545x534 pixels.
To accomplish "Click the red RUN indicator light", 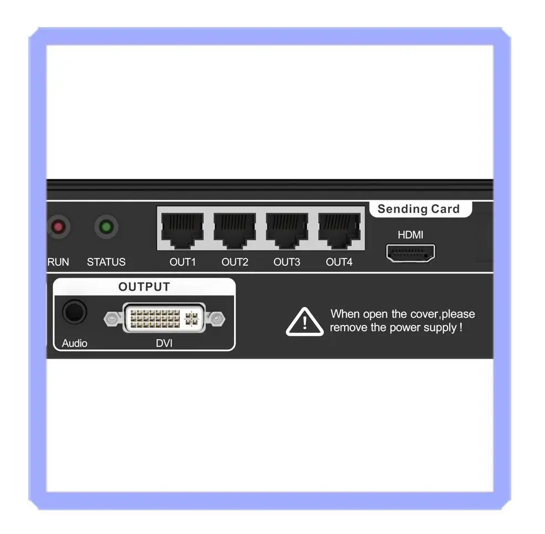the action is tap(58, 227).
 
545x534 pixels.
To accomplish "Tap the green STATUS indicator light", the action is tap(106, 227).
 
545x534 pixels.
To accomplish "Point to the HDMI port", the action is tap(411, 253).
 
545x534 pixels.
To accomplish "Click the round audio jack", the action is tap(74, 312).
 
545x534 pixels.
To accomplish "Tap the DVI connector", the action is tap(164, 318).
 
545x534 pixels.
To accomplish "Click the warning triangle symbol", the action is tap(304, 322).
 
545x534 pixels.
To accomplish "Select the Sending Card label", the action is tap(418, 209).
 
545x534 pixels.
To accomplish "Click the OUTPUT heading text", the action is tap(144, 287).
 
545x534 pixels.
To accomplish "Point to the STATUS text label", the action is tap(106, 262).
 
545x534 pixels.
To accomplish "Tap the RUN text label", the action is tap(58, 262).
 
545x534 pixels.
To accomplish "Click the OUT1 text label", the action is tap(183, 262).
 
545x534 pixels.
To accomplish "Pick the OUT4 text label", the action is tap(339, 262).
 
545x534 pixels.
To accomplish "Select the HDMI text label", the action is tap(411, 235).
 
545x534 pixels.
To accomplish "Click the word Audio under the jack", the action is tap(75, 343).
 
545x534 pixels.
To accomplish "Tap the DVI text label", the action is tap(164, 343).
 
